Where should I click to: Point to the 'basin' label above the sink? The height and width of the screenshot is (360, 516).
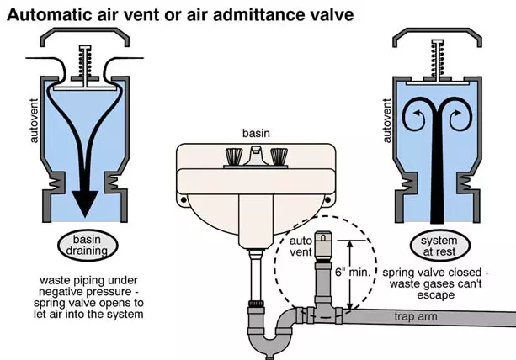pos(256,133)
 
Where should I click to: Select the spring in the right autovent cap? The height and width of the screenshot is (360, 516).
pos(438,56)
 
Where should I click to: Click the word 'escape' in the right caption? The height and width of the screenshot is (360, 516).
pos(437,297)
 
